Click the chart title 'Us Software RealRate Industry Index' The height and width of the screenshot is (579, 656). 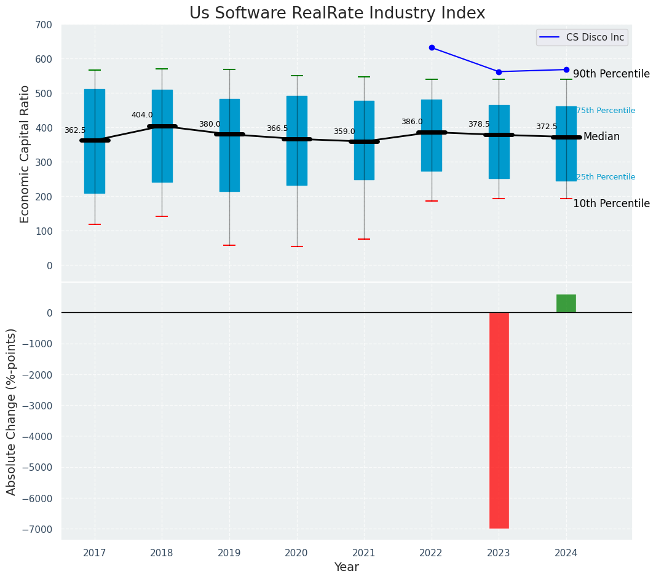point(337,14)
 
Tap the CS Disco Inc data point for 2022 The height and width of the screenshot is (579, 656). point(432,47)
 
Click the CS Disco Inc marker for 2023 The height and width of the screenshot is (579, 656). point(499,72)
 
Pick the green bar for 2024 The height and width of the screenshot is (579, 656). point(566,304)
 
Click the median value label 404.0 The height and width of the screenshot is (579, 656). point(142,115)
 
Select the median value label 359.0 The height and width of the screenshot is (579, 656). point(344,132)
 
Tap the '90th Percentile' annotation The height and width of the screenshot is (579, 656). point(611,74)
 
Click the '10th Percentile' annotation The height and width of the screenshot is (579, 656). point(611,203)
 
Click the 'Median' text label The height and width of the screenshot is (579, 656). point(601,136)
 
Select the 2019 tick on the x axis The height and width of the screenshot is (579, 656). point(229,553)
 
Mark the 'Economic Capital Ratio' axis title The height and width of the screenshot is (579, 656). point(25,154)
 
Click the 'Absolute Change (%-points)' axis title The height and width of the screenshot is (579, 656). point(12,411)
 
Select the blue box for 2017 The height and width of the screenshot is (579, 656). point(95,172)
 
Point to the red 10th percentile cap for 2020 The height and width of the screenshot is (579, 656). point(297,246)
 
